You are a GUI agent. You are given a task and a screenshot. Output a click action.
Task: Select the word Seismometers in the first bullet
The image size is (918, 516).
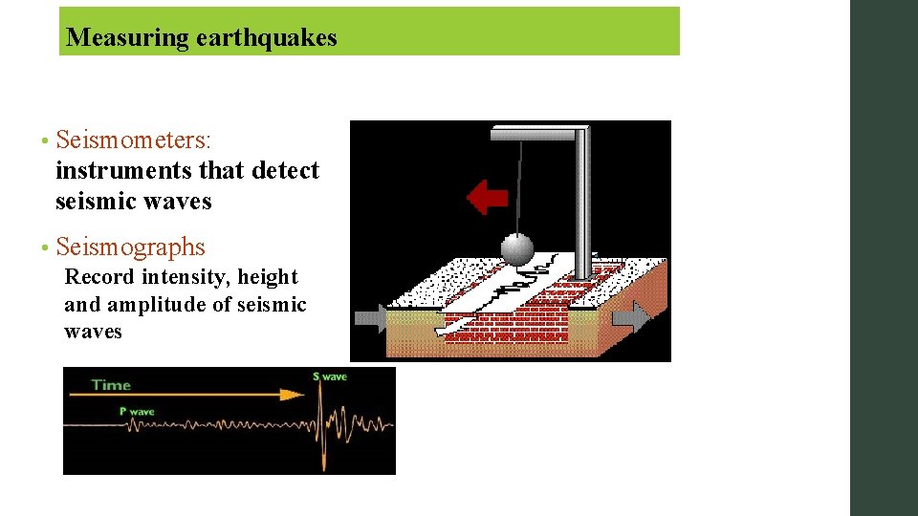point(133,140)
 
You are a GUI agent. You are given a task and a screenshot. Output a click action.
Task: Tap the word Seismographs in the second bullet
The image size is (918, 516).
point(131,247)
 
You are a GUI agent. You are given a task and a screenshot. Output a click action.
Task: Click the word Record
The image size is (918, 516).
point(99,277)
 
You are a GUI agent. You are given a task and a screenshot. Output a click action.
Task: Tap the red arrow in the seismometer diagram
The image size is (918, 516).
point(487,198)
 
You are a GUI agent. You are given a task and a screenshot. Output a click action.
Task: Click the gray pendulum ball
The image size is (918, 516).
point(517,249)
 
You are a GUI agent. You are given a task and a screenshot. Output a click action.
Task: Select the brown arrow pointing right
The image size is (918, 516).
point(630,316)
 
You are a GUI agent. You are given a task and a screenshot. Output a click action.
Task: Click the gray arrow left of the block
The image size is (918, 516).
point(369,318)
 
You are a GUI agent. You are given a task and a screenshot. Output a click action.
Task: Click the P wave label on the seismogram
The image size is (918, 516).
point(137,412)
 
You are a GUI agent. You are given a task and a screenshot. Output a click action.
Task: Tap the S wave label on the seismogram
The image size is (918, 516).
point(330,376)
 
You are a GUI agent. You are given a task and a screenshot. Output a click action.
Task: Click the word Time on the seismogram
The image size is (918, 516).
point(111,385)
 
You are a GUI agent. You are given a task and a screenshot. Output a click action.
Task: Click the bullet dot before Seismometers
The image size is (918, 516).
point(44,142)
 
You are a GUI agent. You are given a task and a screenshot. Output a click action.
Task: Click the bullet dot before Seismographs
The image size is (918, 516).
point(44,249)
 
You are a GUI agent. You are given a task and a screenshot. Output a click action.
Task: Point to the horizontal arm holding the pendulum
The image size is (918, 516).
point(535,134)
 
